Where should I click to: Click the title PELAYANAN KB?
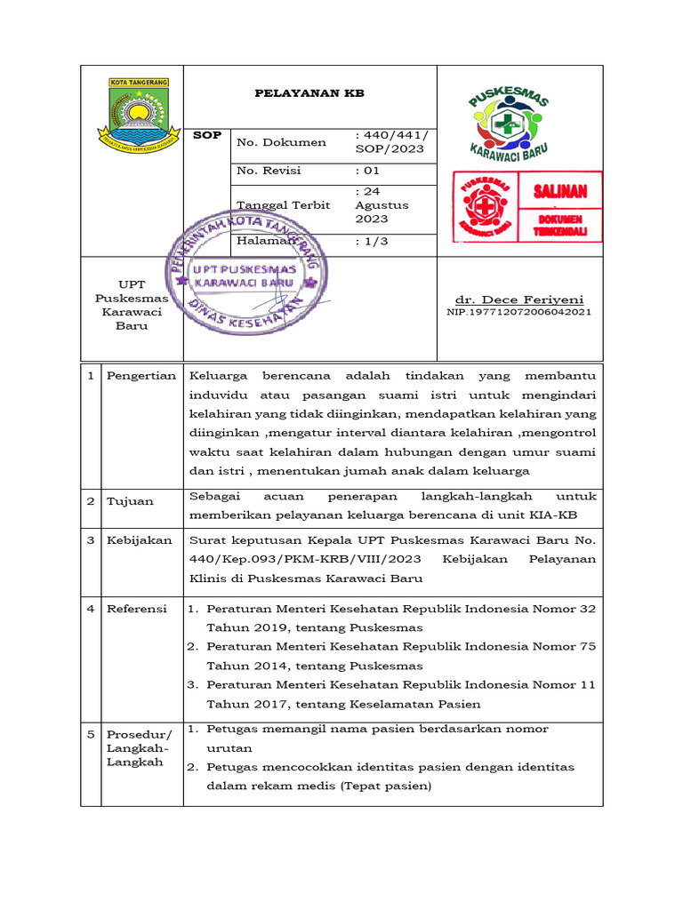(309, 93)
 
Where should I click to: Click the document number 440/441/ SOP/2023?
(391, 142)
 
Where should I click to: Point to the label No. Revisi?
(269, 171)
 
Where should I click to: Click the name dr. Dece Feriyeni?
(519, 300)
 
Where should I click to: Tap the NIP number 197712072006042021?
(518, 313)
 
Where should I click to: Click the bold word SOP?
(207, 135)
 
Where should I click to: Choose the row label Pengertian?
(141, 376)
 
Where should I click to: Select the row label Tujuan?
(131, 501)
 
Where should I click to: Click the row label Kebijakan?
(140, 540)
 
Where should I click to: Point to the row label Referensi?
(137, 609)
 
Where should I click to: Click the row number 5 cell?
(91, 735)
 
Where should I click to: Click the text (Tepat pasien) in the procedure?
(386, 786)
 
